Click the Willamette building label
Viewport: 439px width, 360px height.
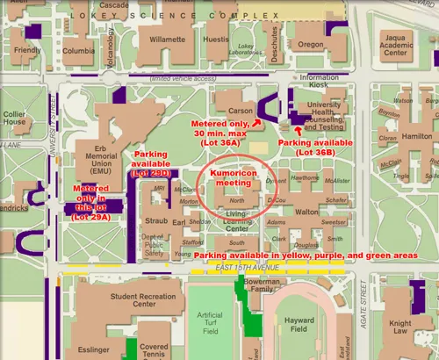pyautogui.click(x=167, y=40)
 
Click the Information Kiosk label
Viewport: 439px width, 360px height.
pyautogui.click(x=318, y=83)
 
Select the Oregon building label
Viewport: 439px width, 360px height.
pyautogui.click(x=310, y=45)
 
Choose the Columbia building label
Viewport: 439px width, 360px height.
pyautogui.click(x=78, y=51)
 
